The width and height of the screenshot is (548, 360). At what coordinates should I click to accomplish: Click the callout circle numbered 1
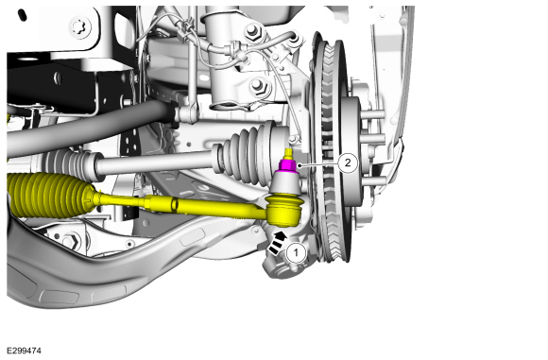click(x=296, y=252)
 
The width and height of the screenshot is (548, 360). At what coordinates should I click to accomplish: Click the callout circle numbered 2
click(x=348, y=163)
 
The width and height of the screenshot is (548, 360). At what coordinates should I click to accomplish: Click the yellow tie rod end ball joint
click(x=283, y=210)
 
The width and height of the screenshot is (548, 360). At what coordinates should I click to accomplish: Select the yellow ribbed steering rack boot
click(x=50, y=195)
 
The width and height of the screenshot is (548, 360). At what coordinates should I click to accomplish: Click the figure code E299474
click(x=25, y=351)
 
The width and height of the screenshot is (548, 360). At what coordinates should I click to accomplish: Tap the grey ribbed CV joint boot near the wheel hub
click(x=251, y=152)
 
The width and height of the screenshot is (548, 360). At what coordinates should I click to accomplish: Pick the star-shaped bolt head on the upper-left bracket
click(x=80, y=27)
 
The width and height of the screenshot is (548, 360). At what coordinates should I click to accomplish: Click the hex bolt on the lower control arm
click(x=73, y=241)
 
